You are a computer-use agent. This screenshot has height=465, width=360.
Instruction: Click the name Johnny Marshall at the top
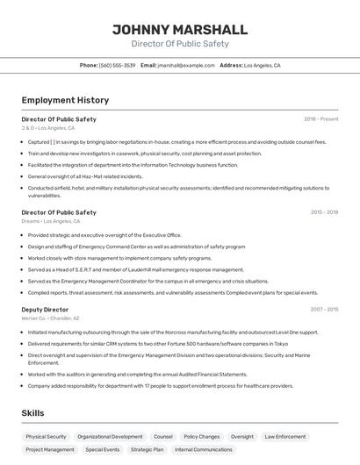tap(180, 29)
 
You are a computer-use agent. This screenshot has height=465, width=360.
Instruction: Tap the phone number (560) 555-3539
tap(118, 65)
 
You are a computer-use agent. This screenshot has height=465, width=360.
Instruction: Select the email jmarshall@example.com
tap(186, 65)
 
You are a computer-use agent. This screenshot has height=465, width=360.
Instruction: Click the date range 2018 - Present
tap(320, 118)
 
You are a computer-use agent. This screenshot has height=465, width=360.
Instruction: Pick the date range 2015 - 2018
tap(324, 212)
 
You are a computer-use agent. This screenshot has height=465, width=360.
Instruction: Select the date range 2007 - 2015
tap(324, 310)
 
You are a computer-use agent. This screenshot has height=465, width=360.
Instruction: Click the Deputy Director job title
tap(45, 310)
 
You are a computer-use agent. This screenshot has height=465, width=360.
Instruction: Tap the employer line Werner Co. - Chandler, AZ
tap(50, 318)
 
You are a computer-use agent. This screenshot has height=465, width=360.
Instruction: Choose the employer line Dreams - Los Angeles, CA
tap(51, 221)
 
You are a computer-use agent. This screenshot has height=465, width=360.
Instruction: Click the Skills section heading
tap(33, 411)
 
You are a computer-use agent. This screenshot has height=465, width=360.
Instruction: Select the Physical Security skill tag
tap(46, 436)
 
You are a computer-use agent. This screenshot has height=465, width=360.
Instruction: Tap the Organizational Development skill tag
tap(110, 436)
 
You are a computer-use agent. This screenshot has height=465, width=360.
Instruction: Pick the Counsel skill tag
tap(163, 436)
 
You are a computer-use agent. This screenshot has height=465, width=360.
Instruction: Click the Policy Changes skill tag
tap(202, 436)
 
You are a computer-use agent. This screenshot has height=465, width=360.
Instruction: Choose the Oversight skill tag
tap(242, 436)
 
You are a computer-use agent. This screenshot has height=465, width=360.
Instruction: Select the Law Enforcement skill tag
tap(285, 436)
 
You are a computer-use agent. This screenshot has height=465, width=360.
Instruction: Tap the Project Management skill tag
tap(50, 449)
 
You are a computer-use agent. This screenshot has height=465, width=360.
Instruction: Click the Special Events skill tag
tap(103, 449)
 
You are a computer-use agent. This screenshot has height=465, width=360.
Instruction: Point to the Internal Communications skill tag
tap(204, 449)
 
